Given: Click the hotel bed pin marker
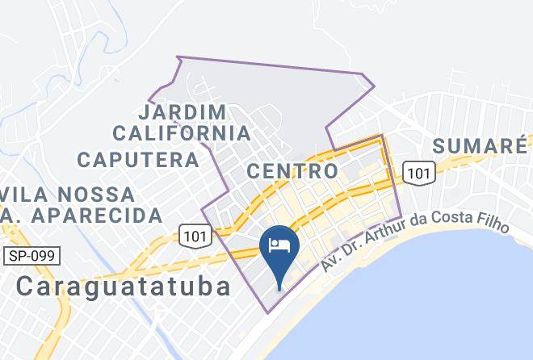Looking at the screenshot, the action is click(279, 245).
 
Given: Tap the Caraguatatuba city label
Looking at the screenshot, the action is click(124, 287).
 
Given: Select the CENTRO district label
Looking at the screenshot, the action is click(292, 171).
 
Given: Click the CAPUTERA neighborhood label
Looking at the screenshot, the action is click(138, 159).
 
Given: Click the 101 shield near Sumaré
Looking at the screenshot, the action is click(421, 172).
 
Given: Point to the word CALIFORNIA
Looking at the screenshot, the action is click(182, 132).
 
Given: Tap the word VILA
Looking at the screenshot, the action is click(29, 195).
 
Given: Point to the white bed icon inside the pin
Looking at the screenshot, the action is click(279, 244).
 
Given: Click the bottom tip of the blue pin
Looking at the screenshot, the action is click(279, 287).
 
